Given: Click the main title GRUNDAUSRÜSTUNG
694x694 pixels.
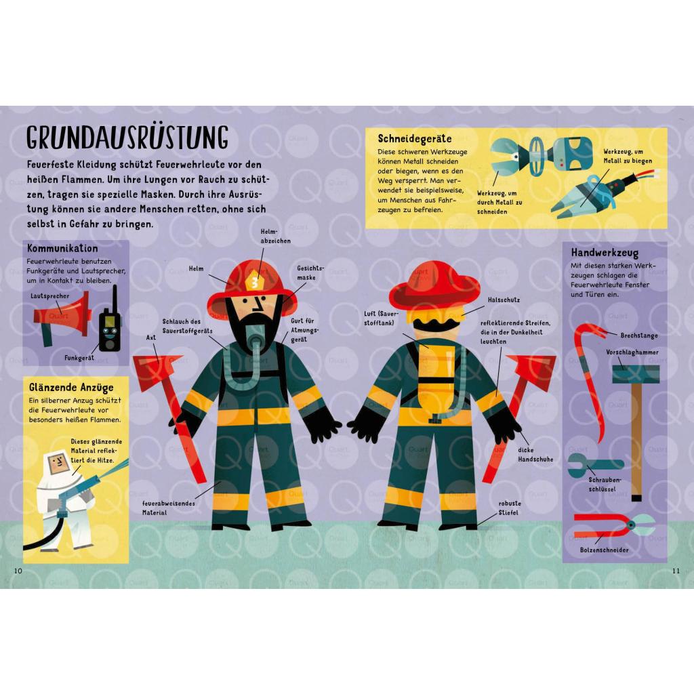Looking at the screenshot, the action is [x=127, y=137].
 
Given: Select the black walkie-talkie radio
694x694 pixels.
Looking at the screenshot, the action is [x=110, y=321].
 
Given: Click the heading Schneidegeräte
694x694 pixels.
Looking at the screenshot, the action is [x=414, y=138].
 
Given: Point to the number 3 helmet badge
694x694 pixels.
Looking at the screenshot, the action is [x=255, y=283].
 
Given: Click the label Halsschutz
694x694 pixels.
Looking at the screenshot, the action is [x=504, y=300].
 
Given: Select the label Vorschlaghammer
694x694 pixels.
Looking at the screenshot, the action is [x=632, y=352].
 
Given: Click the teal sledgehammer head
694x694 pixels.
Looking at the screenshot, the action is [x=636, y=374].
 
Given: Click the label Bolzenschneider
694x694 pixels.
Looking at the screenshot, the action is [x=604, y=550].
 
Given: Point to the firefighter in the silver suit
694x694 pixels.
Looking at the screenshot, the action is [x=66, y=497].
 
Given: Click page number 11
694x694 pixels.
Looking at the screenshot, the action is [x=676, y=571].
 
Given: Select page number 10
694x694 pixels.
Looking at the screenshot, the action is [x=18, y=571].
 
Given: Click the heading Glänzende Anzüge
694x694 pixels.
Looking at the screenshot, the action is [x=71, y=388].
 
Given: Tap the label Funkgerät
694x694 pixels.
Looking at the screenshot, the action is [x=79, y=358].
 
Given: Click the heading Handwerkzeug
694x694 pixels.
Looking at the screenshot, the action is [x=605, y=253].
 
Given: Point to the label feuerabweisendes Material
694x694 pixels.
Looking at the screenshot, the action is [x=168, y=508].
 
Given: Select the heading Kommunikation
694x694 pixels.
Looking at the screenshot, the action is [x=62, y=248].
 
